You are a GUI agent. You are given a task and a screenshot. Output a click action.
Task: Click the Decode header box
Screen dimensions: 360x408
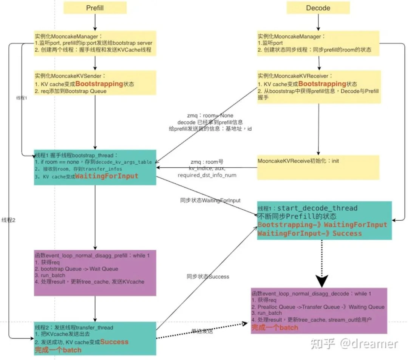[318, 8]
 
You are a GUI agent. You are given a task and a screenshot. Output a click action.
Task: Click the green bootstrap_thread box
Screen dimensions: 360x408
[95, 167]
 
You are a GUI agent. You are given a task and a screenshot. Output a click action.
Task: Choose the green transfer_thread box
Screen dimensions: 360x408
[95, 338]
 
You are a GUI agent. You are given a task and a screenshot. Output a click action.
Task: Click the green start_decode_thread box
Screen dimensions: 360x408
[324, 220]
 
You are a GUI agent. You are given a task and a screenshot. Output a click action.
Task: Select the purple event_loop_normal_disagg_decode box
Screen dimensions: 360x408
[319, 311]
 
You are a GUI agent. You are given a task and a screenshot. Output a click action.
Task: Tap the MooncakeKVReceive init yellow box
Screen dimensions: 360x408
[318, 167]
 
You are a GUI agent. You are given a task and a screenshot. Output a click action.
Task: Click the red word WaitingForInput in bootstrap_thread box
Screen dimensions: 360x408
[107, 176]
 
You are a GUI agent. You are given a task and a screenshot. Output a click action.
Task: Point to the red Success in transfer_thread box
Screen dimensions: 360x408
[114, 342]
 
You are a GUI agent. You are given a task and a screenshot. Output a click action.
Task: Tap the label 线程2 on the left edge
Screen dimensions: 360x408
[8, 220]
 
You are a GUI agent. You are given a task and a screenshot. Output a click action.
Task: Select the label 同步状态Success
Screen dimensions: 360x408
[207, 277]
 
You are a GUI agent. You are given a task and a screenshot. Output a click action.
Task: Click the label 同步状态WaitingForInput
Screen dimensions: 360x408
[210, 201]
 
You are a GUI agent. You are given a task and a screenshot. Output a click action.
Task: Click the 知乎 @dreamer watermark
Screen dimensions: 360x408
[354, 343]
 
